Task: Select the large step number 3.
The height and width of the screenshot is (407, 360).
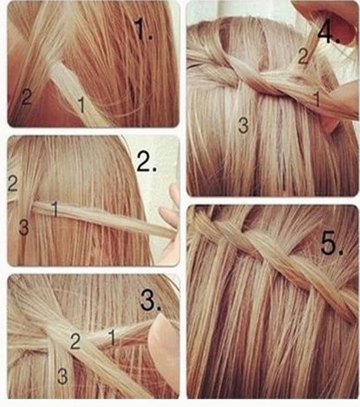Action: (x=150, y=300)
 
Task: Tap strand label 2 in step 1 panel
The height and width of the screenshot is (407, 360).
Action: (x=26, y=97)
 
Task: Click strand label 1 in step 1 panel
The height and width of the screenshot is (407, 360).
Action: (x=81, y=104)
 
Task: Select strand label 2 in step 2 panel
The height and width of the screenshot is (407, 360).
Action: (x=12, y=183)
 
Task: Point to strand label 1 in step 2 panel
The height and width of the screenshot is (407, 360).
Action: (x=55, y=208)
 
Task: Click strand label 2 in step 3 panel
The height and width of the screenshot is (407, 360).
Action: (x=75, y=341)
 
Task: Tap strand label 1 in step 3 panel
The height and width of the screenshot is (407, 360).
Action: (x=112, y=337)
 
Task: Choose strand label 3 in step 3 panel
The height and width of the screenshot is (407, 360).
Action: (x=63, y=376)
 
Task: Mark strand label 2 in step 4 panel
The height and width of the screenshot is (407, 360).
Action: (x=303, y=56)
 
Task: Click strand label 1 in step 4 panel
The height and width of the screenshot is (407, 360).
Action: (x=316, y=99)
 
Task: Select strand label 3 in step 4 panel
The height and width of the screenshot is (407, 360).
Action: (x=243, y=126)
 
